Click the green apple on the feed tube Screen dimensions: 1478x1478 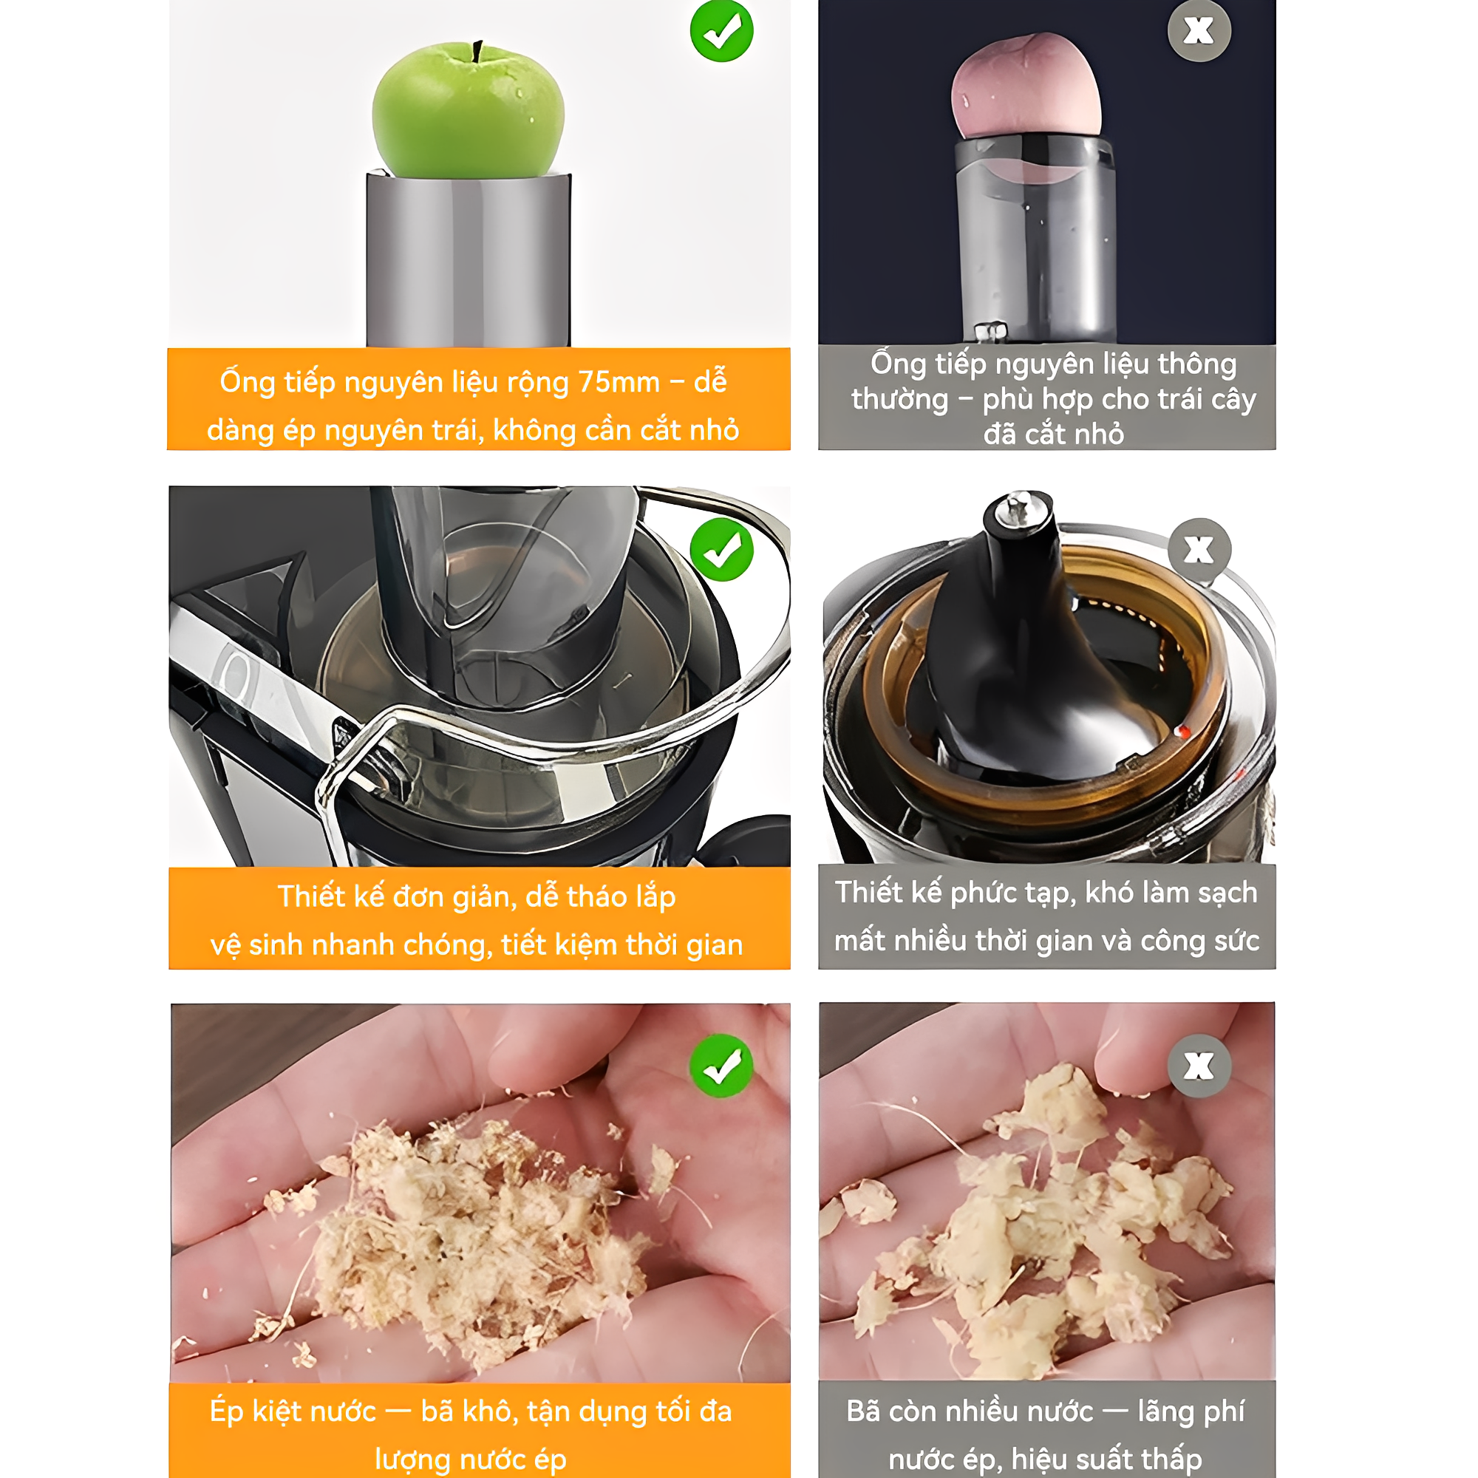click(469, 111)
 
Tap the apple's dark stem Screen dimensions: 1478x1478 click(477, 51)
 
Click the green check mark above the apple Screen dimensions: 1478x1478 click(721, 30)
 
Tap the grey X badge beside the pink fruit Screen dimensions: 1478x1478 click(1199, 30)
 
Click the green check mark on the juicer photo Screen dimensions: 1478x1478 click(721, 549)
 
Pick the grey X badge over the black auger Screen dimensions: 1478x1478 click(1199, 549)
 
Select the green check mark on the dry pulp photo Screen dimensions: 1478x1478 click(721, 1066)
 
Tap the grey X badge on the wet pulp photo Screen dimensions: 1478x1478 click(1199, 1066)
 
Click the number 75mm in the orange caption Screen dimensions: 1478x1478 click(618, 382)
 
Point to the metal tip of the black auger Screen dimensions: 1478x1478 click(1018, 508)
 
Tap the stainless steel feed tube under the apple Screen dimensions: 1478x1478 click(469, 260)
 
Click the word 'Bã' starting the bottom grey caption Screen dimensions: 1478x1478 click(864, 1411)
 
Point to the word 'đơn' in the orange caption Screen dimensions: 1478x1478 click(419, 896)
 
